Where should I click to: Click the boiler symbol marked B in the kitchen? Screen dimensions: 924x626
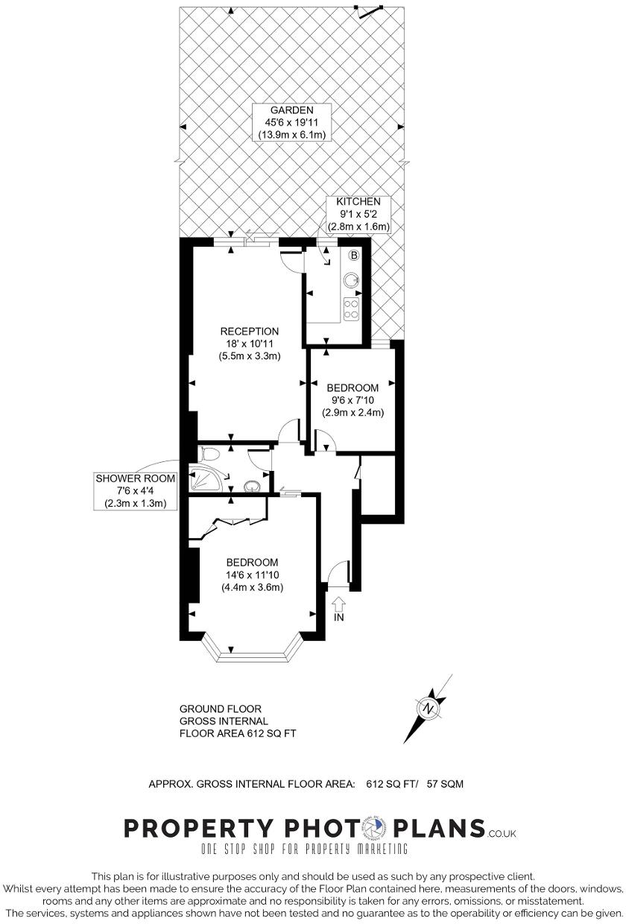click(354, 256)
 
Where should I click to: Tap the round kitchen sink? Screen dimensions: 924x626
click(352, 280)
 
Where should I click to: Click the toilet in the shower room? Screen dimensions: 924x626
click(210, 454)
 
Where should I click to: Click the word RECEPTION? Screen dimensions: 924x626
click(249, 331)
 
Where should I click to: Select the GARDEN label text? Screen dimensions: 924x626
click(292, 109)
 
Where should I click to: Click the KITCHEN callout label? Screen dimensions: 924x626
click(358, 202)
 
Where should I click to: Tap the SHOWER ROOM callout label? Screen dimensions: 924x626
click(136, 478)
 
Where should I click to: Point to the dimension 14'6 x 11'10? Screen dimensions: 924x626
click(253, 575)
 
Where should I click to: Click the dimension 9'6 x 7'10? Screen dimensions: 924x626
click(352, 400)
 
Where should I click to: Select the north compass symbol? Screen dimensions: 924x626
click(429, 708)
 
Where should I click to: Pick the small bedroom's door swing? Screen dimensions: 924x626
click(326, 442)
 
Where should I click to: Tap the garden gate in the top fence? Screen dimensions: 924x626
click(370, 11)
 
